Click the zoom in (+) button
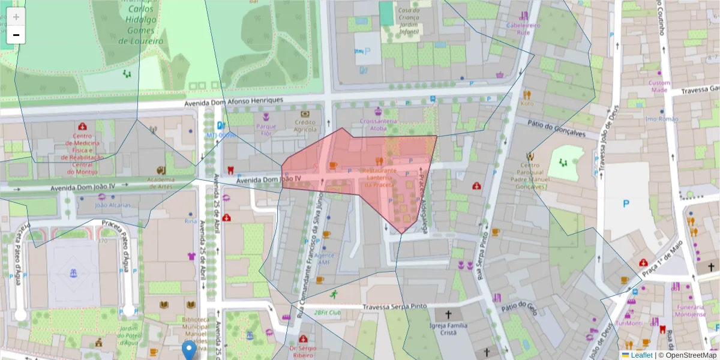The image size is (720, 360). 16,17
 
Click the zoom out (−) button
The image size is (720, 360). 16,35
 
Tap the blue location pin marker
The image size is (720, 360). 190,350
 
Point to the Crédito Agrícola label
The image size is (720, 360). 305,125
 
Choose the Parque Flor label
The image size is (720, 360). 266,130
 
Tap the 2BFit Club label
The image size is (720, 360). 327,313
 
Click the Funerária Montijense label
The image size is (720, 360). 689,310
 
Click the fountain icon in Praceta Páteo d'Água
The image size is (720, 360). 74,274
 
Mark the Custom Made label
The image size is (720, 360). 660,86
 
